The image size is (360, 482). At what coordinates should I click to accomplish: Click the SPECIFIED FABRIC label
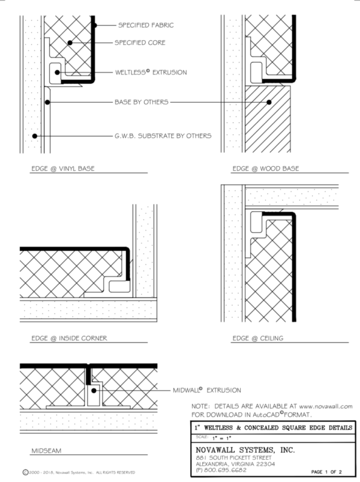click(146, 25)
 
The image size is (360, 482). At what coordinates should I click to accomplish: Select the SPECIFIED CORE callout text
click(140, 43)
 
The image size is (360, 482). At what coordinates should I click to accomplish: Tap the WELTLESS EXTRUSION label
click(151, 72)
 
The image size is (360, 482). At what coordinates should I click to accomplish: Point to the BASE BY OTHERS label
click(141, 103)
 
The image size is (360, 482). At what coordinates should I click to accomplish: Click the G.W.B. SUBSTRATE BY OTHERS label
click(163, 136)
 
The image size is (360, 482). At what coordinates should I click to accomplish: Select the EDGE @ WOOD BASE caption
click(265, 169)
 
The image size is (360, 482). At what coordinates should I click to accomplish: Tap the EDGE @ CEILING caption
click(257, 338)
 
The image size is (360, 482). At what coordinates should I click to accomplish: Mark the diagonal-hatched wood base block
click(269, 117)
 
